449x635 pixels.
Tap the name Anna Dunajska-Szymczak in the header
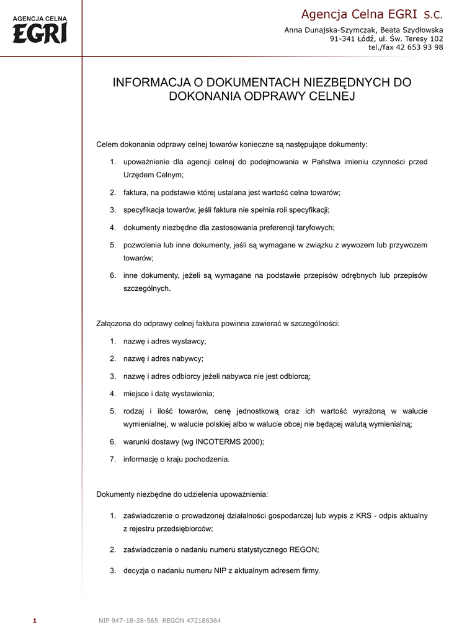pyautogui.click(x=327, y=30)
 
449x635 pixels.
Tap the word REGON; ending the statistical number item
pyautogui.click(x=305, y=549)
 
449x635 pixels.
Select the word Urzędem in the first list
pyautogui.click(x=138, y=175)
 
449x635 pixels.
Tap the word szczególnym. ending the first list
pyautogui.click(x=147, y=288)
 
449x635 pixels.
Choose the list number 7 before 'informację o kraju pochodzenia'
pyautogui.click(x=113, y=460)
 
